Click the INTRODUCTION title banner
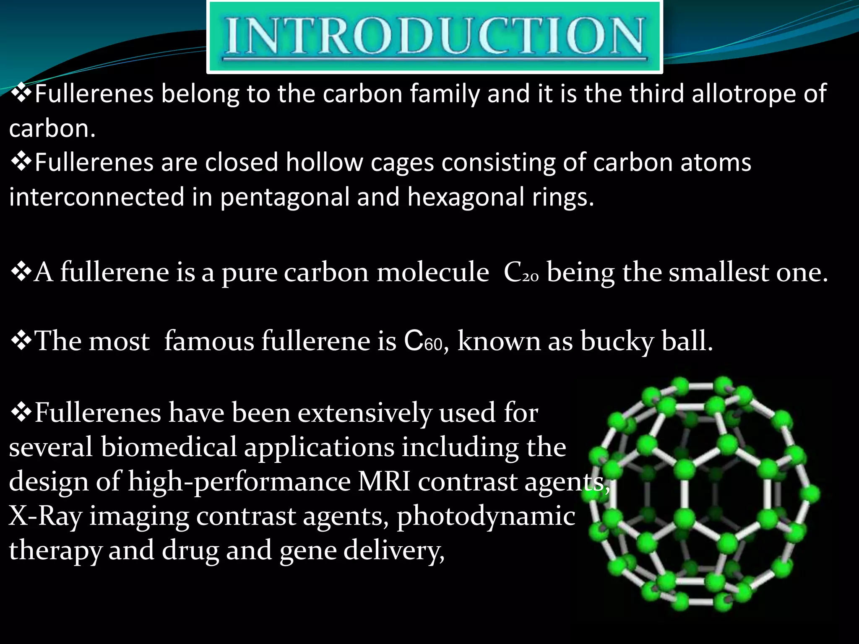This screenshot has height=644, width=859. [435, 37]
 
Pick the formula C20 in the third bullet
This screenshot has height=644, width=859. [521, 273]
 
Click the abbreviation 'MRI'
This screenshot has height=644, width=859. [384, 481]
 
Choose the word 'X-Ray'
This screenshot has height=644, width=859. [45, 516]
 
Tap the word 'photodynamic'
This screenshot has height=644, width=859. [486, 517]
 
